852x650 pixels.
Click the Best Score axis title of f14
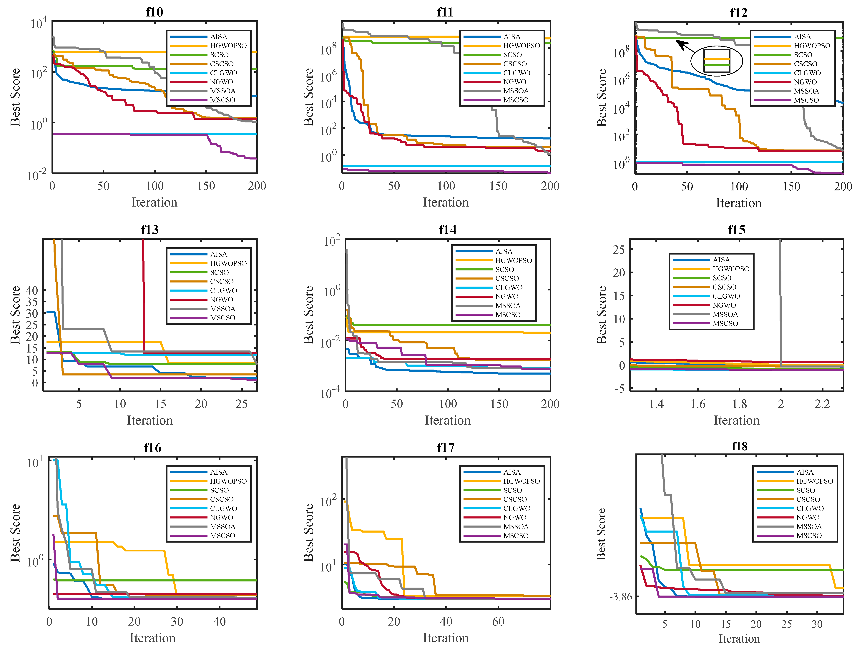pyautogui.click(x=308, y=315)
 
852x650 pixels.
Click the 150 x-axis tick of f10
pyautogui.click(x=206, y=186)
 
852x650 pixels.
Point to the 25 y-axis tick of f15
pyautogui.click(x=619, y=250)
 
